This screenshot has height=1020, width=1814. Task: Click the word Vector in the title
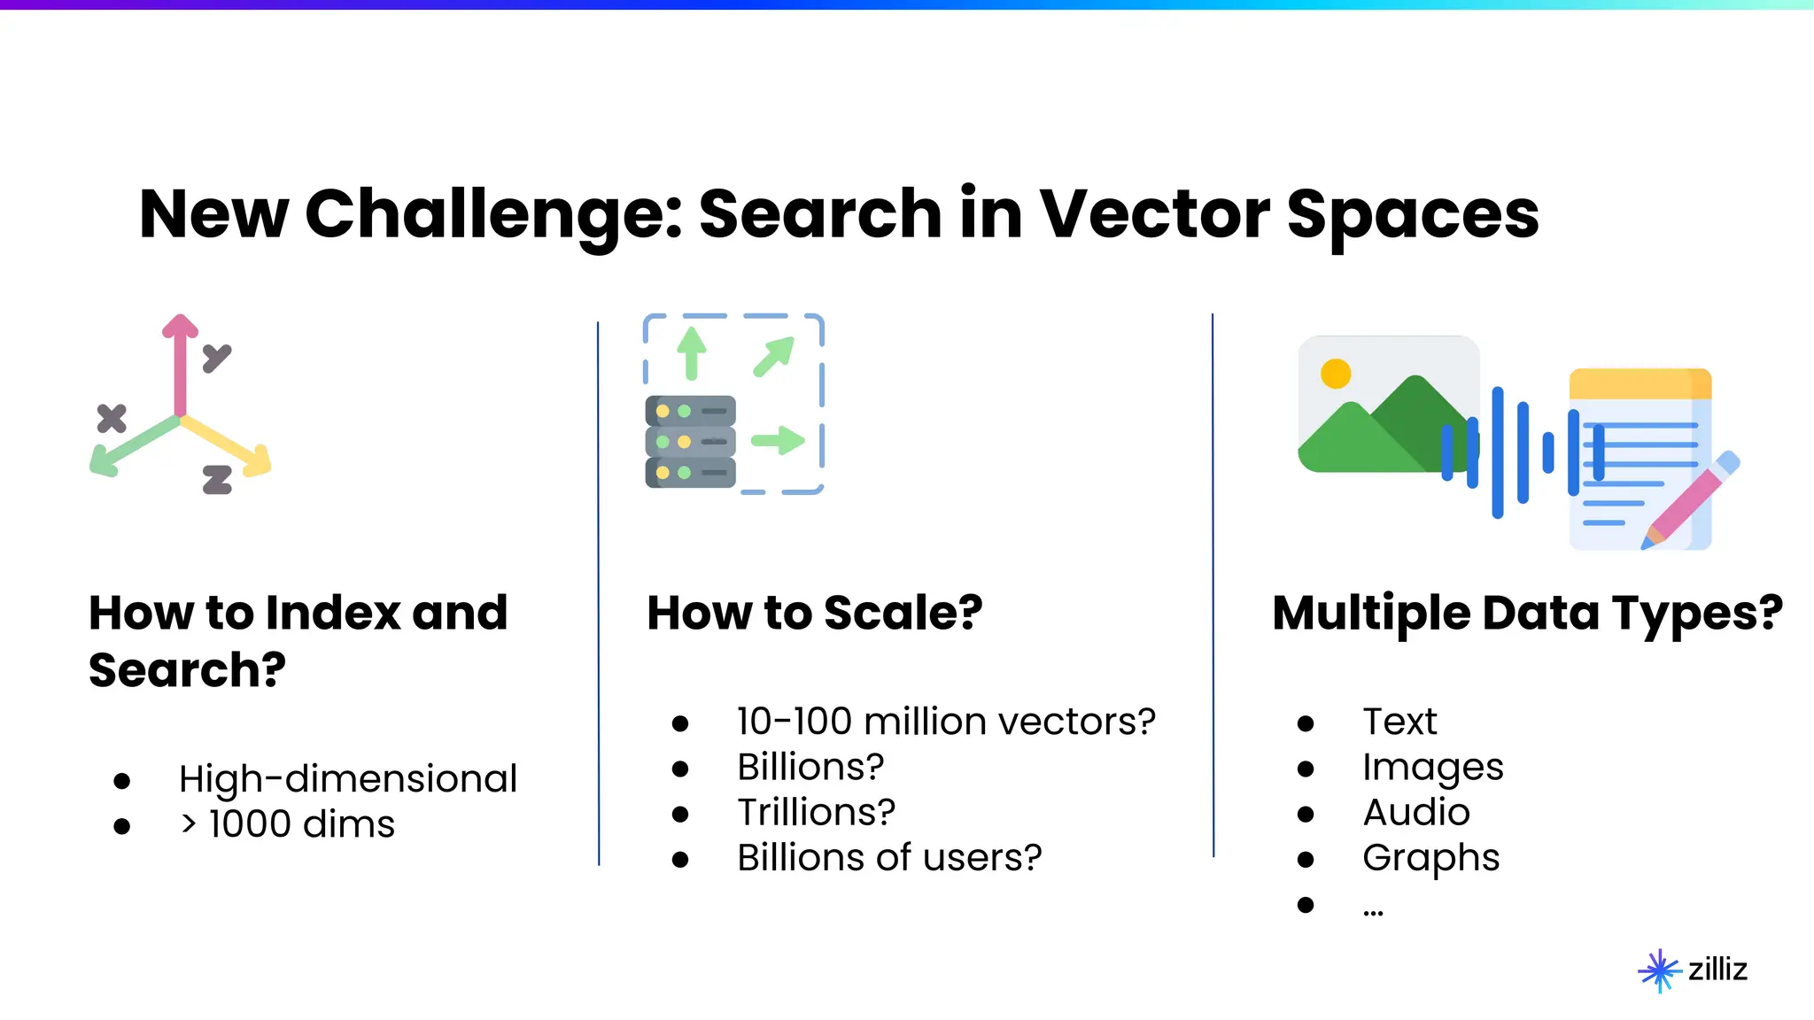1154,214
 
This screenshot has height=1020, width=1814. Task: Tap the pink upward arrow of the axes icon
180,363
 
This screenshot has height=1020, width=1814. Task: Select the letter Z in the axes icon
217,480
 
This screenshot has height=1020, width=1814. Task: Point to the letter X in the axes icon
112,418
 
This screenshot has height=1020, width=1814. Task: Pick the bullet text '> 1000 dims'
287,824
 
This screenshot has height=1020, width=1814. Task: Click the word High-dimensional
347,779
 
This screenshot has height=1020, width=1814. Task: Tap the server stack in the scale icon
690,442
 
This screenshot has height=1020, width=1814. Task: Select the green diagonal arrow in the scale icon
774,356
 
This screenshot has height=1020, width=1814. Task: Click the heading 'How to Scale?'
814,613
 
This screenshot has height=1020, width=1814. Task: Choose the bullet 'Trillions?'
816,812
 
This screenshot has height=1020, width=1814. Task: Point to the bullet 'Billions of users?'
888,858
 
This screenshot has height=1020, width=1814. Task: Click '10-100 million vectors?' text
945,722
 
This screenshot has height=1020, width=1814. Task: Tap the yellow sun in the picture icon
1335,374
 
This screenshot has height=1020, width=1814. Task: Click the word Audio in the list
1415,812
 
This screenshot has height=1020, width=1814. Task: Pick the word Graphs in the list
1430,858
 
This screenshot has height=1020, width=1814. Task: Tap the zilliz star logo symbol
1659,970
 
